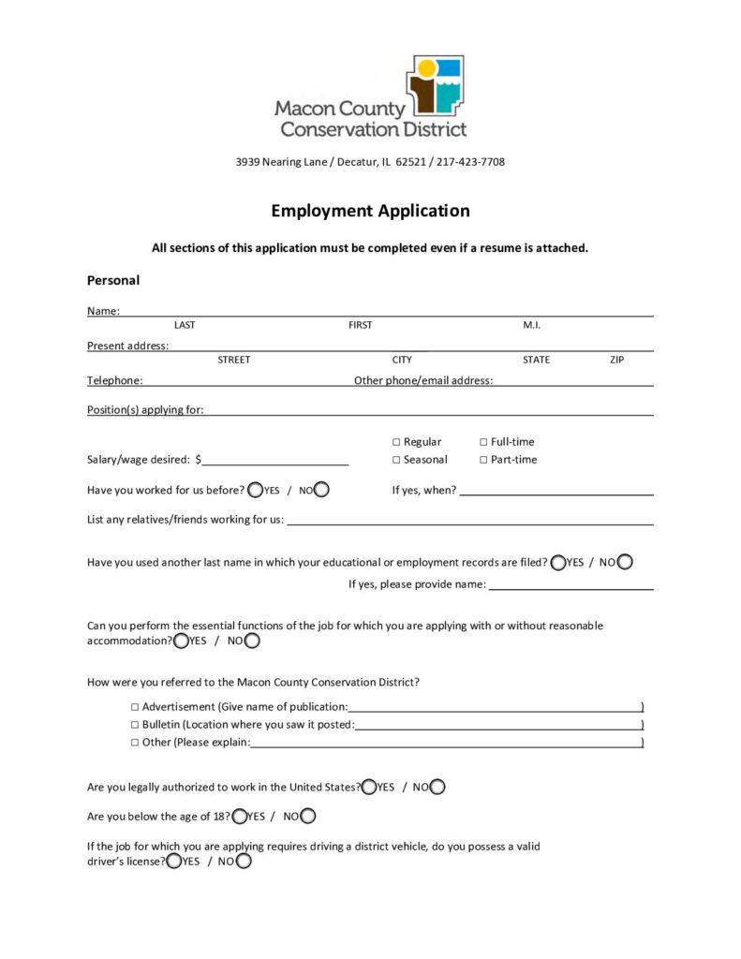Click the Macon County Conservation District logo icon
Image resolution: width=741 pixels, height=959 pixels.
click(x=435, y=84)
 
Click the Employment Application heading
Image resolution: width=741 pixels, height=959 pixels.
click(x=370, y=211)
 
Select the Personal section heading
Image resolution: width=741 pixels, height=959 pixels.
click(x=113, y=280)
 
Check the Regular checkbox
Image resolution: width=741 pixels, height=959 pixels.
click(x=396, y=442)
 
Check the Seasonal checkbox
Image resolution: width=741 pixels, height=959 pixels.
click(x=396, y=460)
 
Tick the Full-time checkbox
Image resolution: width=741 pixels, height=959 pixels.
click(x=483, y=442)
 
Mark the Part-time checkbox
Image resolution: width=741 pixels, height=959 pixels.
click(x=483, y=460)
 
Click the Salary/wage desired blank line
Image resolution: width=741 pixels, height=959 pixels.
click(x=275, y=459)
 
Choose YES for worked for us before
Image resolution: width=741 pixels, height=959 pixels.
click(x=255, y=490)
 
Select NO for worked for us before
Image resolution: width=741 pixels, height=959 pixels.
click(x=321, y=490)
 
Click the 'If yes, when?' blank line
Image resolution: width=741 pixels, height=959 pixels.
click(x=556, y=490)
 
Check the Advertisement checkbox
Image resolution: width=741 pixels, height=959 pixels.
click(x=135, y=707)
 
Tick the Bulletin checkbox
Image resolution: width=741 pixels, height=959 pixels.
click(x=135, y=725)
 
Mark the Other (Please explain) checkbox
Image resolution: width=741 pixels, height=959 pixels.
click(x=135, y=743)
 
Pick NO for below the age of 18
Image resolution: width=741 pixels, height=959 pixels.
click(x=307, y=816)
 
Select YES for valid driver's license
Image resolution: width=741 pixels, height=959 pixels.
click(x=173, y=862)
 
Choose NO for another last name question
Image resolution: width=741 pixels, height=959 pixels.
click(x=625, y=562)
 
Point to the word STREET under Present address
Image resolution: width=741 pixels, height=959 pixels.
click(x=234, y=360)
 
